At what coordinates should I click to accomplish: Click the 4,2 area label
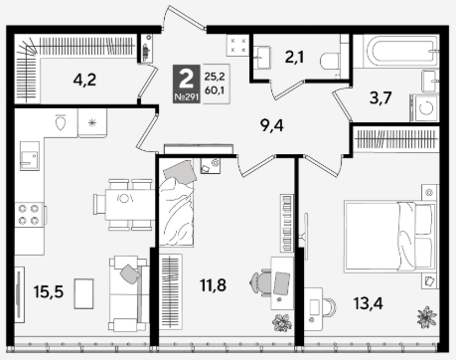tap(84, 80)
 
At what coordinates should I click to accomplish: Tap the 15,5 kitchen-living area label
tap(49, 291)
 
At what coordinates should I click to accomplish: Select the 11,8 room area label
tap(213, 285)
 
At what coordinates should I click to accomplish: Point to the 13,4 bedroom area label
tap(368, 303)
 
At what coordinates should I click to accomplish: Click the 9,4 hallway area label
tap(271, 125)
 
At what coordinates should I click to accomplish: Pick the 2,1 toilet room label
tap(294, 58)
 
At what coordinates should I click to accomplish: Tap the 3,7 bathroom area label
tap(380, 98)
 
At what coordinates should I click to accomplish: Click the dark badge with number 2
tap(187, 84)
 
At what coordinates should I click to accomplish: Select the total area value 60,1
tap(215, 90)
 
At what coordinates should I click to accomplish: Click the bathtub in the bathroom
tap(400, 51)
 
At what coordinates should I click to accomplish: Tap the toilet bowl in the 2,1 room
tap(331, 61)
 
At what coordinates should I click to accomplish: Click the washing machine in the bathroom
tap(424, 108)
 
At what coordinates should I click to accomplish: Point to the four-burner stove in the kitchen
tap(29, 215)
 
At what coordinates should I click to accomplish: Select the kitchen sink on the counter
tap(30, 156)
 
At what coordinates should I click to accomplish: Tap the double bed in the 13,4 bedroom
tap(389, 237)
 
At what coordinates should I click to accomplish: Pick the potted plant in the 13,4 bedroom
tap(426, 317)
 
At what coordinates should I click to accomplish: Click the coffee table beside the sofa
tap(83, 293)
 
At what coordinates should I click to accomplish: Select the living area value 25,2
tap(215, 77)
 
